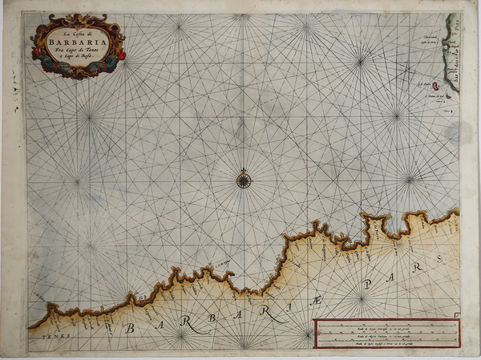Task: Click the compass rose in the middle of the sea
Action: point(243,179)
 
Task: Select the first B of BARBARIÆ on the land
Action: point(129,326)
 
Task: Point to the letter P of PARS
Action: point(368,285)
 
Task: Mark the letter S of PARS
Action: point(439,259)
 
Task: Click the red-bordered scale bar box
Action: point(386,333)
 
